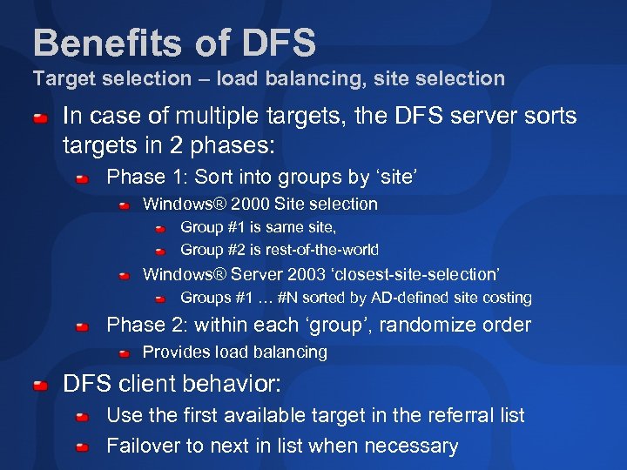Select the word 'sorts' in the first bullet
click(549, 116)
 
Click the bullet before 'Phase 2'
click(82, 326)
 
